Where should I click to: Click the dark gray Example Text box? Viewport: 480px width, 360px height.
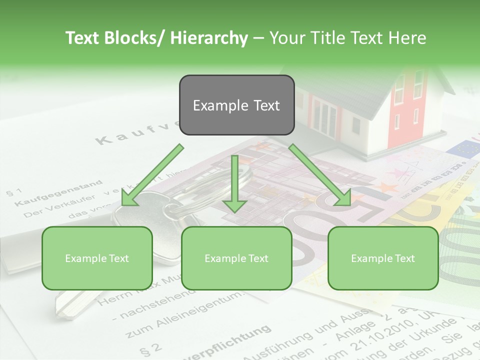[x=236, y=105]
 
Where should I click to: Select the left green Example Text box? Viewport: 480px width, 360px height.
[x=97, y=258]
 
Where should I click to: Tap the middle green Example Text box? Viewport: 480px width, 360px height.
[x=236, y=258]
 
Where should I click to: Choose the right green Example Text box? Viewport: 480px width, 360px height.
[x=383, y=258]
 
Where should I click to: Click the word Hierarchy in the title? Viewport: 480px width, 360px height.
[x=209, y=38]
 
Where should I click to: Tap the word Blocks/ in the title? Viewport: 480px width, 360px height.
[x=135, y=38]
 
